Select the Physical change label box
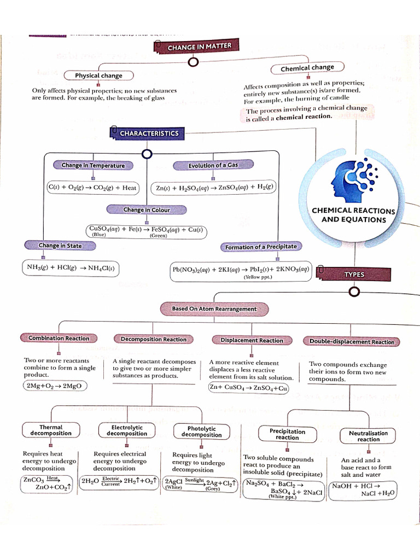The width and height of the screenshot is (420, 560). pos(98,75)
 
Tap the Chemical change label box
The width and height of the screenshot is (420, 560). pos(307,68)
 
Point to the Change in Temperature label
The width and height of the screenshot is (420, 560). pos(93,165)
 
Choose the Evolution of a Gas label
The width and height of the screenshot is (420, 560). pos(213,165)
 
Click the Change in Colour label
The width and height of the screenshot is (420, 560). pos(147,209)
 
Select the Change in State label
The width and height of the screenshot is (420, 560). pos(60,246)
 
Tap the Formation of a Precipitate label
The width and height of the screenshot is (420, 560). pos(261,247)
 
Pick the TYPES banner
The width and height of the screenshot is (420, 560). pos(354,275)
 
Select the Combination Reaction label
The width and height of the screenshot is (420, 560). pos(59,338)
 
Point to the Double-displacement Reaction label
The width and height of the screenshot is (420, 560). pos(352,342)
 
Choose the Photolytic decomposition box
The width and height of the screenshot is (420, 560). pos(201,431)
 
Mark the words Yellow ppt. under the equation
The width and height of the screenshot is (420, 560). pos(258,277)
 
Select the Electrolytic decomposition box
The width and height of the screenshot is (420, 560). pos(127,430)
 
